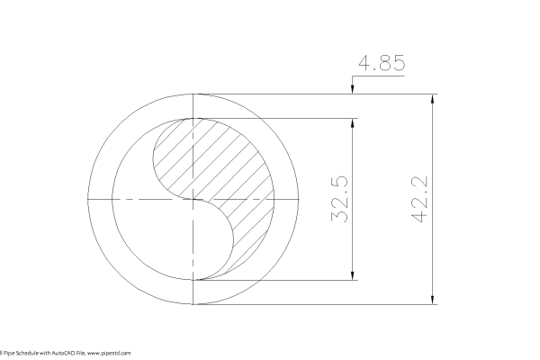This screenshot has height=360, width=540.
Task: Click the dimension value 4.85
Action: click(x=382, y=64)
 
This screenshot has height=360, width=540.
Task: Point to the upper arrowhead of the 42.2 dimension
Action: click(x=435, y=98)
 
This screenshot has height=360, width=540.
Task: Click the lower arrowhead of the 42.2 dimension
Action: click(x=435, y=300)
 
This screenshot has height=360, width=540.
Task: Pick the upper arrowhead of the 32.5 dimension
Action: click(x=351, y=123)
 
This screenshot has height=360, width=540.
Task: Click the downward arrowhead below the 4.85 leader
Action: click(x=351, y=88)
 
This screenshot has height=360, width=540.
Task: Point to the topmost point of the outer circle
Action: click(x=195, y=93)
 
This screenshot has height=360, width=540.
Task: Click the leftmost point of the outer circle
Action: click(x=90, y=199)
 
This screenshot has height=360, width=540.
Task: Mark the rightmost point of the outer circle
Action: click(x=301, y=199)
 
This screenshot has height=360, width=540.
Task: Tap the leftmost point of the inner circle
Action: click(x=114, y=199)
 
